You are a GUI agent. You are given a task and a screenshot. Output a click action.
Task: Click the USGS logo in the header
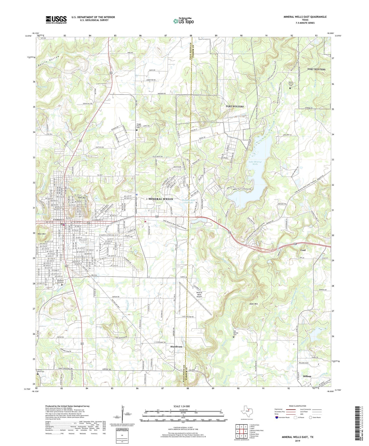[x=56, y=20]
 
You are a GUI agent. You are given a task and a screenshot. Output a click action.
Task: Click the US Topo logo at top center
[x=183, y=21]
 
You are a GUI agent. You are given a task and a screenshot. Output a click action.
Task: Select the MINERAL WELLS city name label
[x=161, y=199]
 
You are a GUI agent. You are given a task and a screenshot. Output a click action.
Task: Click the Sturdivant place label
[x=176, y=347]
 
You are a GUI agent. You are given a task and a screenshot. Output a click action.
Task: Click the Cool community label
[x=303, y=250]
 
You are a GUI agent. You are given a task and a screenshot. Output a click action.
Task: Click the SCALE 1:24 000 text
[x=183, y=406]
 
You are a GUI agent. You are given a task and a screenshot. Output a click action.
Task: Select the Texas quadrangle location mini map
[x=246, y=412]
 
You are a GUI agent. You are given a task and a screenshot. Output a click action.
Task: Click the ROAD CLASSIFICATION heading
[x=298, y=406]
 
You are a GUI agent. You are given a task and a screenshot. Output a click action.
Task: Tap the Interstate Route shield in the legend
[x=277, y=418]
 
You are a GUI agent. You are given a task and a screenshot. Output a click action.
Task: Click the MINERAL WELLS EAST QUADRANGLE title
[x=305, y=17]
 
